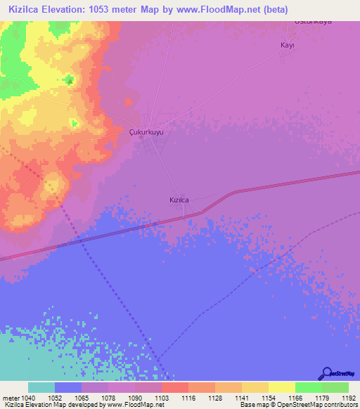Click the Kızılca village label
pyautogui.click(x=179, y=200)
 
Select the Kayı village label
pyautogui.click(x=287, y=45)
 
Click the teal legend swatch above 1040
pyautogui.click(x=41, y=387)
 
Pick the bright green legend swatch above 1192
pyautogui.click(x=335, y=387)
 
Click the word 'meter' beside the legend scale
pyautogui.click(x=12, y=398)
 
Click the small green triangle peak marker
pyautogui.click(x=70, y=80)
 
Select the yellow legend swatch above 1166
pyautogui.click(x=281, y=387)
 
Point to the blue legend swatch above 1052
pyautogui.click(x=67, y=387)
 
